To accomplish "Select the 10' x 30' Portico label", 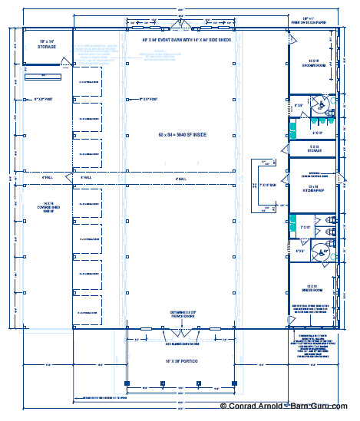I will (x=180, y=359).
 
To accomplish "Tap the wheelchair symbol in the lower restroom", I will (x=325, y=249).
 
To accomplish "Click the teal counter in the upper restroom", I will (x=293, y=122).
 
